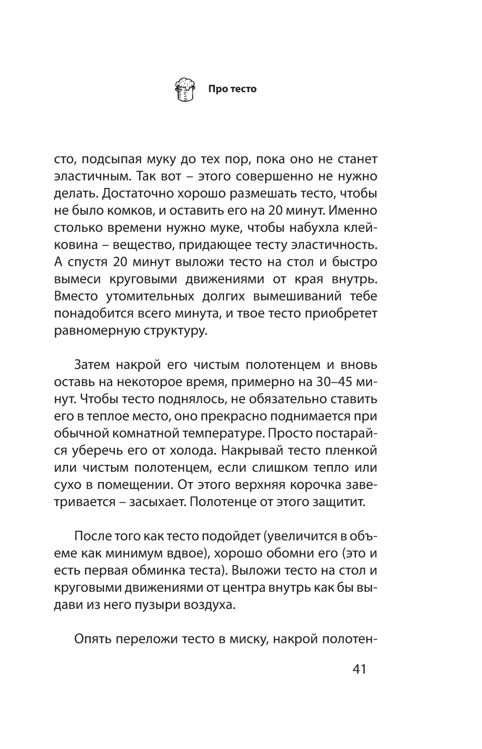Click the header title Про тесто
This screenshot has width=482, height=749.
(x=232, y=89)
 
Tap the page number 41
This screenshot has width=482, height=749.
(x=359, y=670)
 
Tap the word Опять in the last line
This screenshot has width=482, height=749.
(x=92, y=639)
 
